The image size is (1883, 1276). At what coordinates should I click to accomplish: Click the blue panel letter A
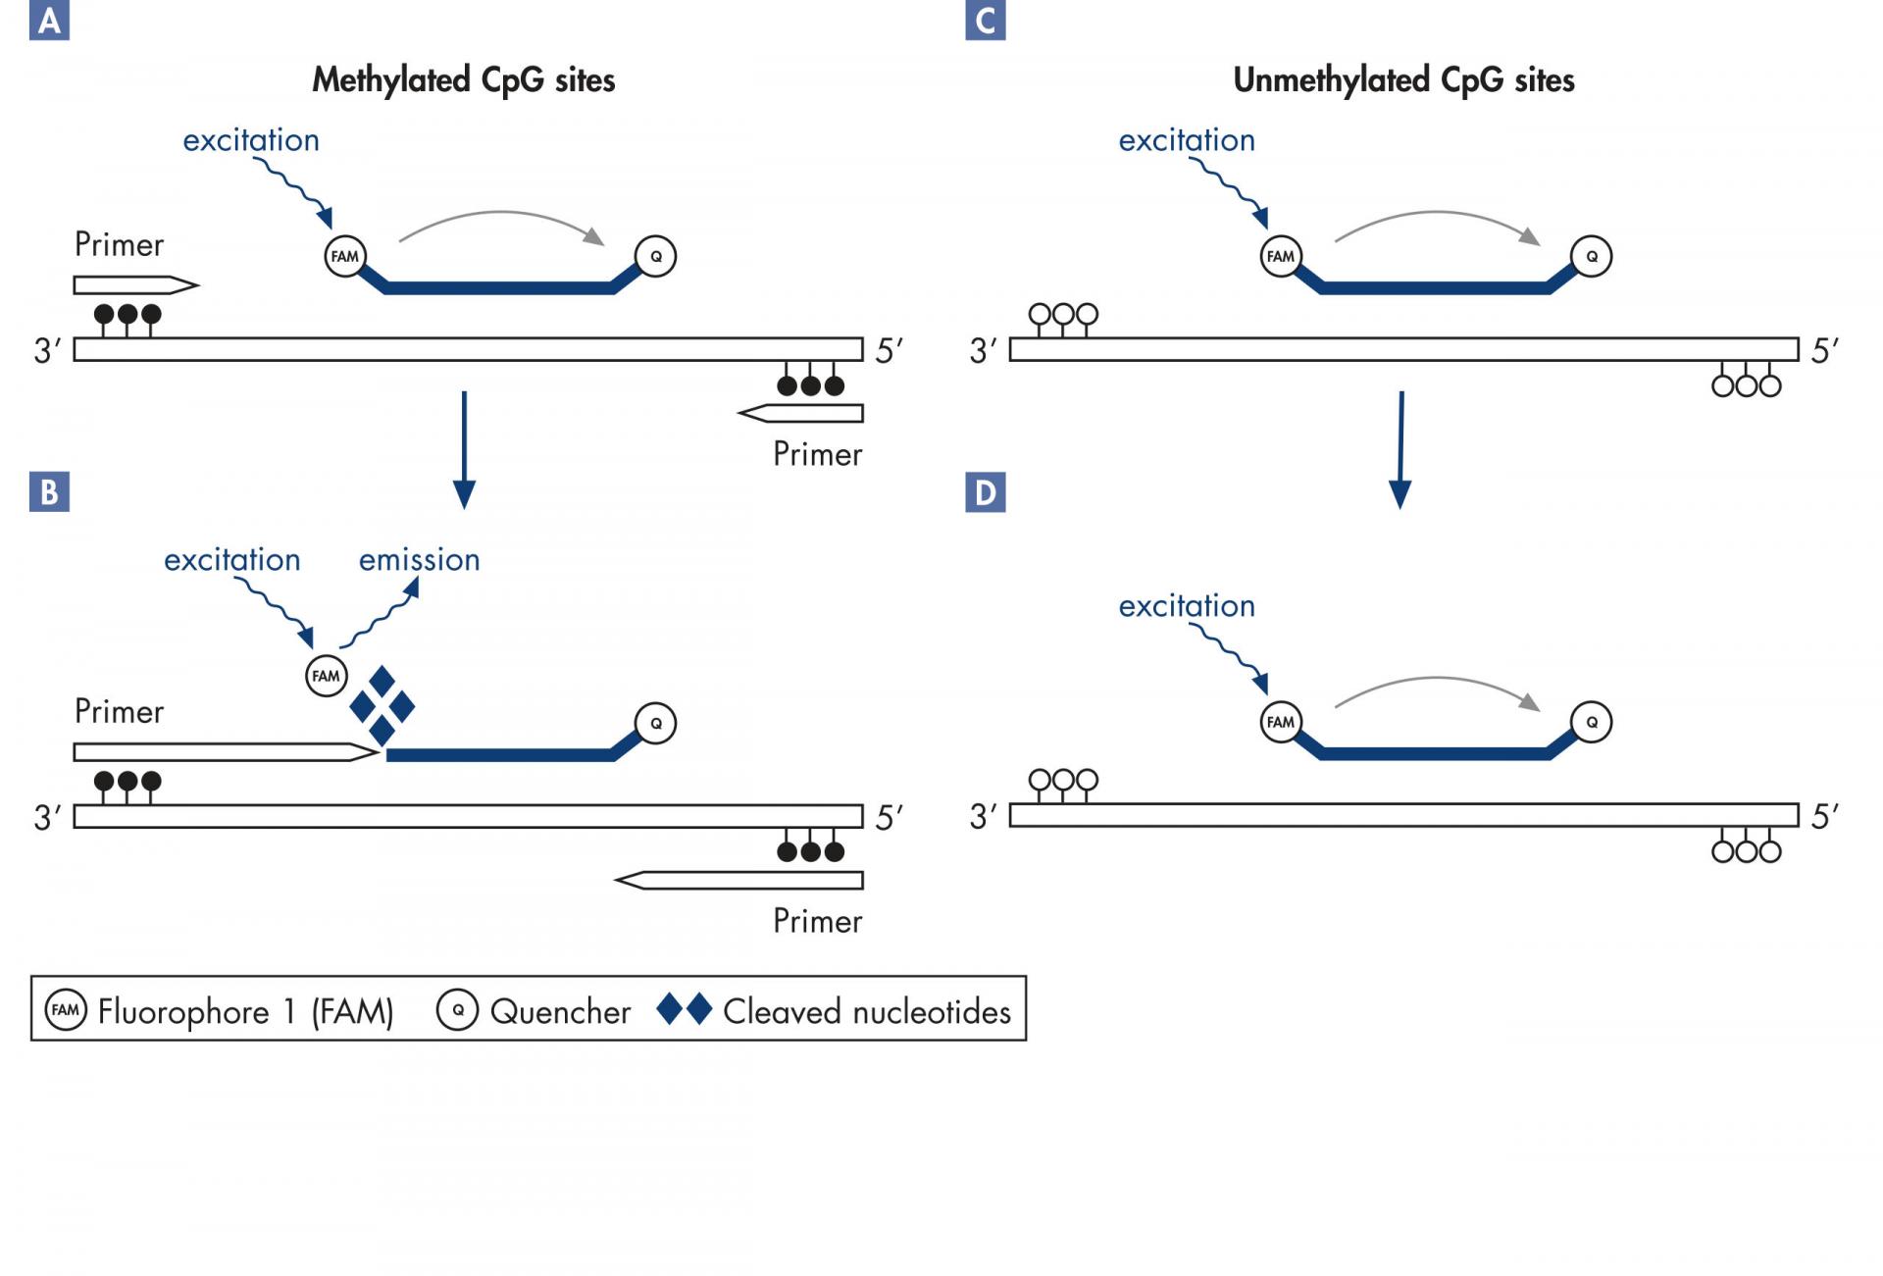[49, 20]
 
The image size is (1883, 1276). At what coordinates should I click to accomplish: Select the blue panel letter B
[49, 491]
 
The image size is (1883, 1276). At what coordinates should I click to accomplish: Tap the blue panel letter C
[985, 20]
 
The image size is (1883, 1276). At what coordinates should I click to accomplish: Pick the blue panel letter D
[985, 491]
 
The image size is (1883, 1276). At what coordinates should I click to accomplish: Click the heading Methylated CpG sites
[463, 80]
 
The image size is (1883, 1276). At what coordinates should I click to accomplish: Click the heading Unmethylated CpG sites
[1403, 80]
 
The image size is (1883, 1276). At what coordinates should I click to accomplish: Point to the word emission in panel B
[419, 559]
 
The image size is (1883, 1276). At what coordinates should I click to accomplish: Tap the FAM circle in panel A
[345, 256]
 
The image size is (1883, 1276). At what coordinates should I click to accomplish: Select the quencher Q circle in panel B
[655, 724]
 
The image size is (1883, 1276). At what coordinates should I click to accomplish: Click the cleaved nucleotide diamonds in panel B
[382, 706]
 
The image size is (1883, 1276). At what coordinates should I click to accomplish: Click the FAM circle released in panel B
[326, 676]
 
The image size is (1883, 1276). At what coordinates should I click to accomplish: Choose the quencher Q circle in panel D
[1591, 723]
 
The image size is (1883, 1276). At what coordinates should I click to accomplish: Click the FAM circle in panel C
[1281, 256]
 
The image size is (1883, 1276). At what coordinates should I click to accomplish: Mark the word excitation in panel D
[1187, 605]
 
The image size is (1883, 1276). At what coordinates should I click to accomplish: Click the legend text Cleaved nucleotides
[867, 1011]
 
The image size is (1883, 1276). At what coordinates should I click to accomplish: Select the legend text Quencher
[560, 1011]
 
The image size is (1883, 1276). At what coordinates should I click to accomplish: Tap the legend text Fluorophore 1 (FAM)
[245, 1011]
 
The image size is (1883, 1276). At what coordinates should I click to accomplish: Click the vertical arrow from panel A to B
[464, 449]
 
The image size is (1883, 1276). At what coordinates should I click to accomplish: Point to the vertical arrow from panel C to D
[1400, 449]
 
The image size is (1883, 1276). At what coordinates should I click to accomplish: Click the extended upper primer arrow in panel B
[227, 752]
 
